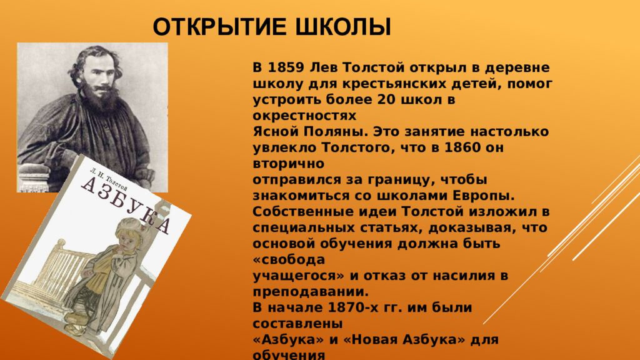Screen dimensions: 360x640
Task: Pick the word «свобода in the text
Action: [x=283, y=259]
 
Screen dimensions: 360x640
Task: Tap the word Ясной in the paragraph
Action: [x=271, y=132]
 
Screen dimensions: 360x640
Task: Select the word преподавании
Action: [x=311, y=291]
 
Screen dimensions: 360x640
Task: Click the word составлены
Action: [x=297, y=324]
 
